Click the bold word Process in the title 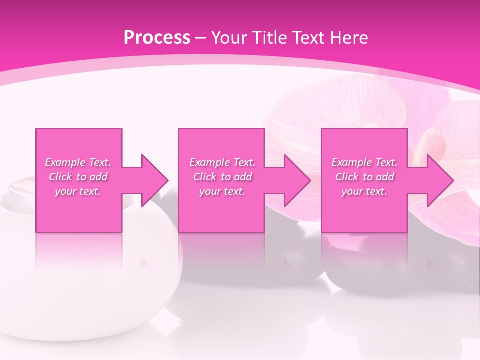(x=157, y=37)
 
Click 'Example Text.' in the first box (x=78, y=162)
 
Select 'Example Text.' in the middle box (x=222, y=162)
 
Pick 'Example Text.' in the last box (x=364, y=162)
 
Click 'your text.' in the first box (x=78, y=191)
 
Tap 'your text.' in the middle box (x=222, y=191)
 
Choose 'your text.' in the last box (x=364, y=191)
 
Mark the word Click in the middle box (x=205, y=177)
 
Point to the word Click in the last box (x=347, y=177)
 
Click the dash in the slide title (x=201, y=38)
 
